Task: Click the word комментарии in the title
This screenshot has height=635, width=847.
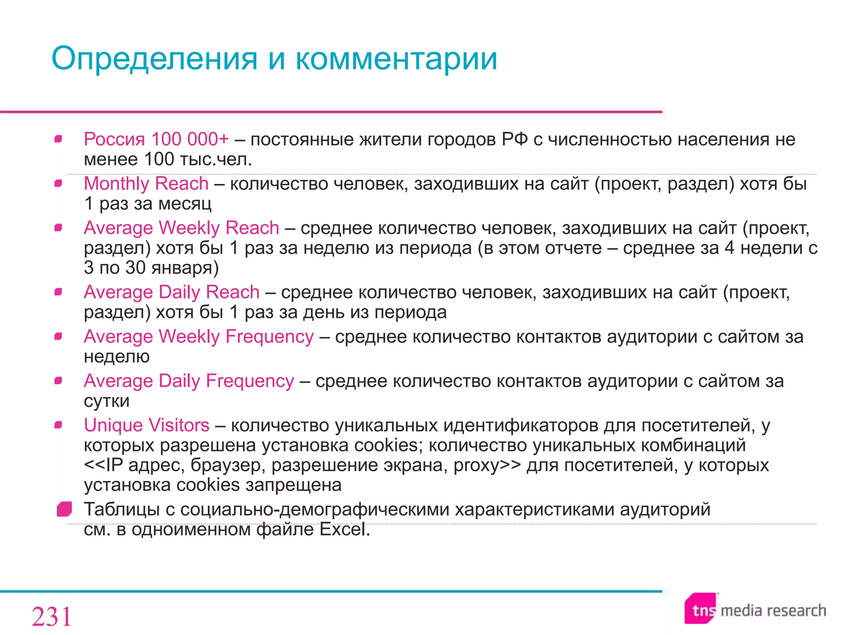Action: pyautogui.click(x=396, y=59)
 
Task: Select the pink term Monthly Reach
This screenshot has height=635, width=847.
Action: pyautogui.click(x=146, y=184)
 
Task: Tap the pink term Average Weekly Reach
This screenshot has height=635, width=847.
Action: pyautogui.click(x=181, y=228)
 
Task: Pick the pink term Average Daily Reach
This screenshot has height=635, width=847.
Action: pyautogui.click(x=172, y=292)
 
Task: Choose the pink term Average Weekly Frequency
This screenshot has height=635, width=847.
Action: pyautogui.click(x=199, y=337)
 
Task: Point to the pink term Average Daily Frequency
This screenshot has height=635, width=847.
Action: pyautogui.click(x=189, y=381)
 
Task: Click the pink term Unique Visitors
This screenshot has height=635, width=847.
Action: pyautogui.click(x=146, y=425)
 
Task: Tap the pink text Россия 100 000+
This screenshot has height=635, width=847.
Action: pyautogui.click(x=156, y=139)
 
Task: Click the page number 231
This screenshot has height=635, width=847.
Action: pyautogui.click(x=52, y=617)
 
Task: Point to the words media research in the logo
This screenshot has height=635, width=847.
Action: pyautogui.click(x=773, y=611)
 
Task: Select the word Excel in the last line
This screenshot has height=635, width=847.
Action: pyautogui.click(x=345, y=529)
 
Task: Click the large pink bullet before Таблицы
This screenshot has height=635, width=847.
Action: pyautogui.click(x=65, y=509)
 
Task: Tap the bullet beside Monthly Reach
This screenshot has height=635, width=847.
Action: pyautogui.click(x=58, y=183)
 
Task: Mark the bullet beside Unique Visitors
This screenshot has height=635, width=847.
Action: pyautogui.click(x=58, y=425)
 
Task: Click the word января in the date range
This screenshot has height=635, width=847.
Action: pyautogui.click(x=185, y=268)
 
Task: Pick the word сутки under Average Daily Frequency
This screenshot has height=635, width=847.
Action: pyautogui.click(x=107, y=401)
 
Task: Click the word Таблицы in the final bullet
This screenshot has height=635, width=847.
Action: pyautogui.click(x=122, y=509)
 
